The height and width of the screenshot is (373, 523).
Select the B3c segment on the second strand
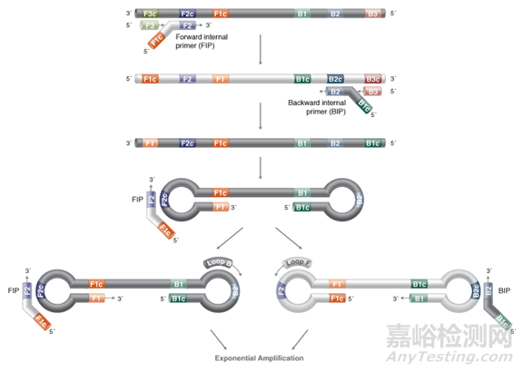[373, 80]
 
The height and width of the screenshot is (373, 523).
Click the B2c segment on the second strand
[335, 80]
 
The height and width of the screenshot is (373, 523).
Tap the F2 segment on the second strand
[188, 80]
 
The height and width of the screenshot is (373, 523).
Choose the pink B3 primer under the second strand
[373, 92]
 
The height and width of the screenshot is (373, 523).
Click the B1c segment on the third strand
[373, 143]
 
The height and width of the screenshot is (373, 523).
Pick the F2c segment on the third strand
[187, 143]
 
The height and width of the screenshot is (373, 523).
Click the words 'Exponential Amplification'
[261, 358]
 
